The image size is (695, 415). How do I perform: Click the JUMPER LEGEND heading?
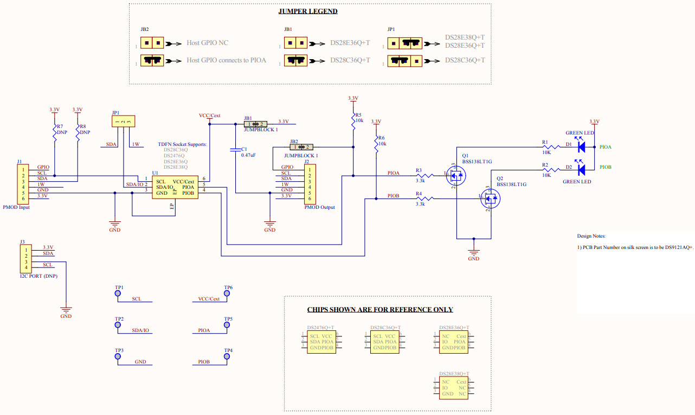[307, 11]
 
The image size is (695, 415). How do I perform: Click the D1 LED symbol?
[581, 146]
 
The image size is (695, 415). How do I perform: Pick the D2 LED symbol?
[581, 170]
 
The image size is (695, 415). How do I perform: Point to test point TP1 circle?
[117, 293]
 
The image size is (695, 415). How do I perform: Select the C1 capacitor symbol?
[235, 149]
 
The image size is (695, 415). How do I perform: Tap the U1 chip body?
[175, 187]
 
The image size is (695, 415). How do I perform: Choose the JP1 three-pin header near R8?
[123, 122]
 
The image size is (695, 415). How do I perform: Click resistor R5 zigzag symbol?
[353, 125]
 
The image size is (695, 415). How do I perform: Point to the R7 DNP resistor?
[54, 134]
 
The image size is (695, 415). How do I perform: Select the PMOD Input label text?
[17, 207]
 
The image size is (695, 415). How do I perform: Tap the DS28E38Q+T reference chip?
[454, 388]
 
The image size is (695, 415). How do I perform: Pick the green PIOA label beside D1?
[606, 147]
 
